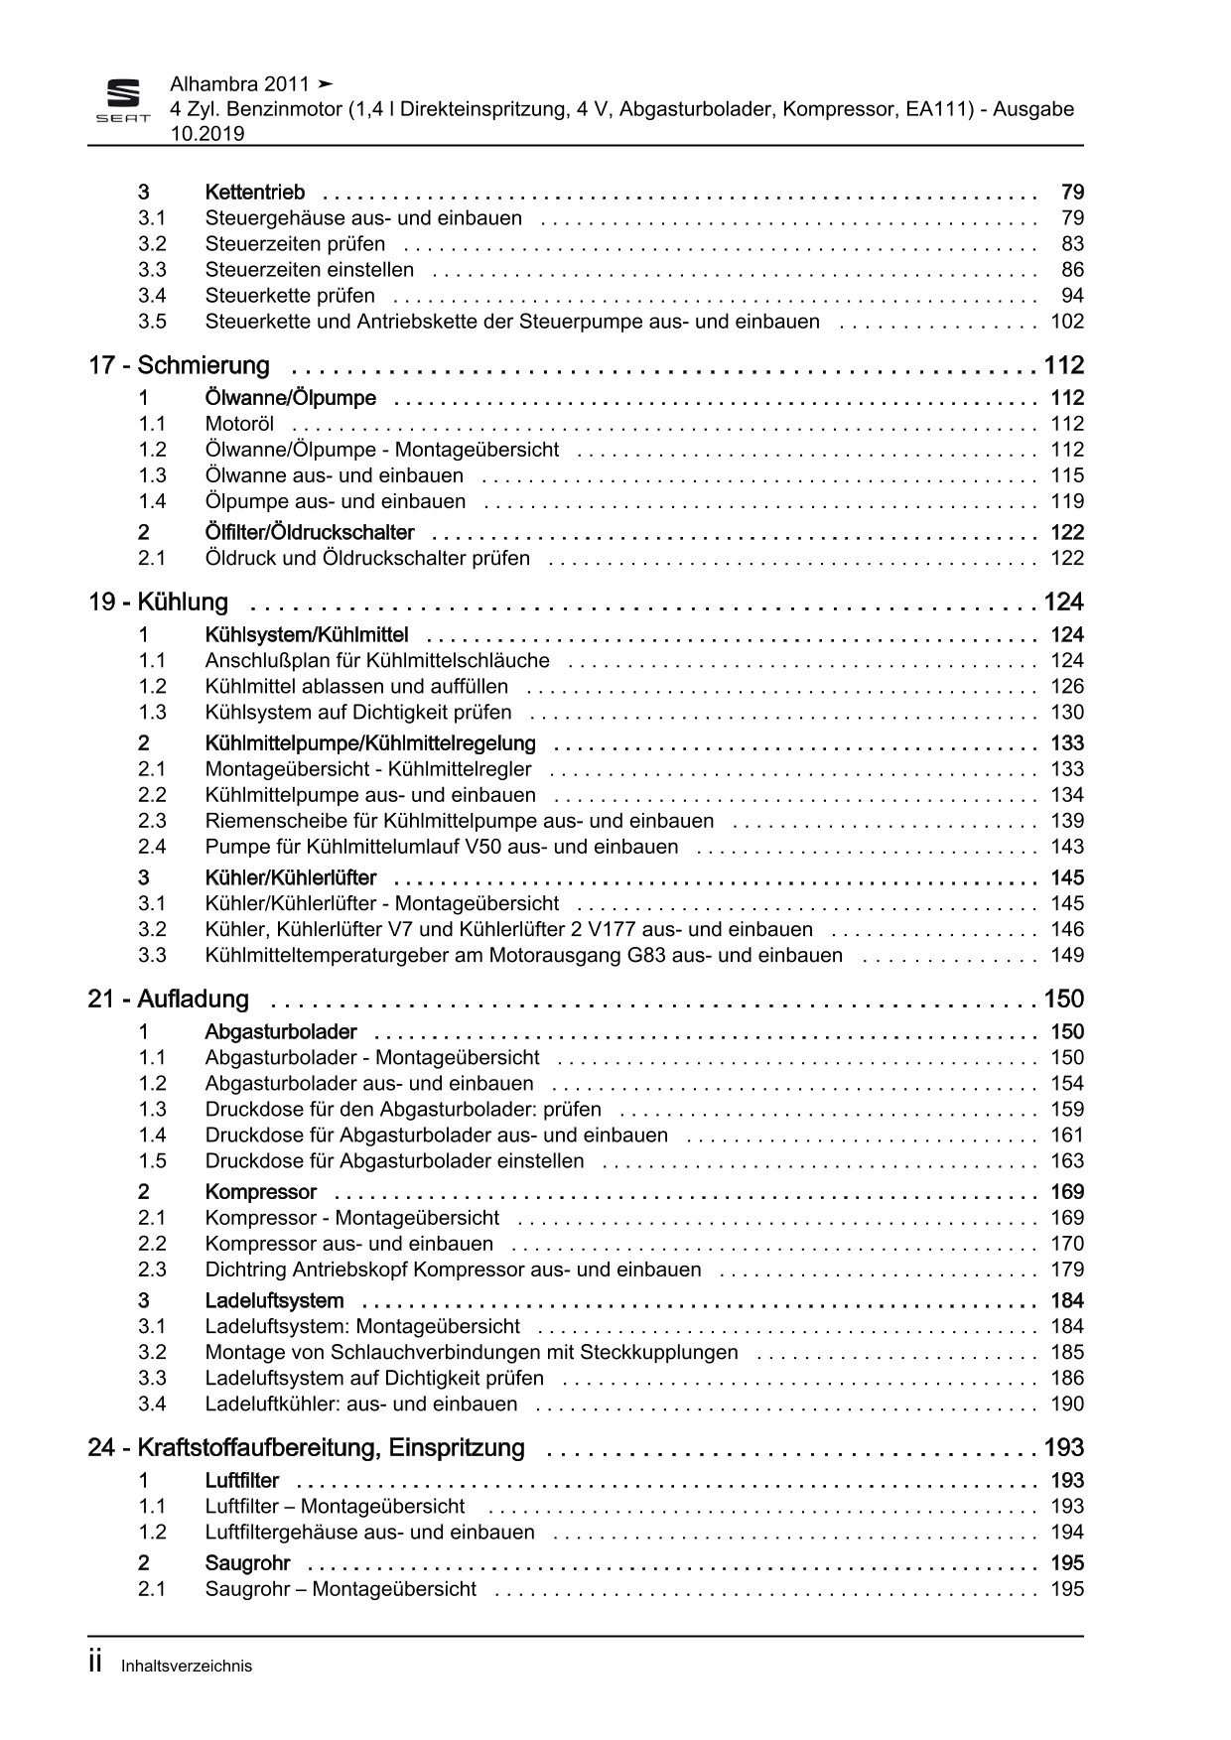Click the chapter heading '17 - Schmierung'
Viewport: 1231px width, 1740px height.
[x=179, y=366]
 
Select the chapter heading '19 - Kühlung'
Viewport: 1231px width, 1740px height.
[x=158, y=602]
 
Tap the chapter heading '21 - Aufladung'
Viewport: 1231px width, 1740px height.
[x=168, y=1000]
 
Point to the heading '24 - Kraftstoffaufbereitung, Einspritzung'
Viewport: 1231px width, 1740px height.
[x=306, y=1448]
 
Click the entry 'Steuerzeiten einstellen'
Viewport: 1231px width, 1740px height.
[x=309, y=270]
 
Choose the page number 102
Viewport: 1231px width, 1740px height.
[x=1067, y=322]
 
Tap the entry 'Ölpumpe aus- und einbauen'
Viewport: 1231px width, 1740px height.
[x=335, y=502]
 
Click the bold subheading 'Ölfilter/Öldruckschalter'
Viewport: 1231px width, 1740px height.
[x=309, y=533]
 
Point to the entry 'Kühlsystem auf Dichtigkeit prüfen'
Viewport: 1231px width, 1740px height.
[x=358, y=713]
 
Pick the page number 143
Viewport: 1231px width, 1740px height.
[x=1067, y=848]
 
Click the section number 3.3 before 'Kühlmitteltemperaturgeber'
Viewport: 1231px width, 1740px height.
[x=152, y=956]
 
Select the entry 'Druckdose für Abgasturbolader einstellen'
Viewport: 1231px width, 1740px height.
[x=394, y=1161]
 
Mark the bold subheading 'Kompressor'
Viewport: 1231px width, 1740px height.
[x=260, y=1192]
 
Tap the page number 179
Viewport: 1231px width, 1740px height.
[x=1067, y=1270]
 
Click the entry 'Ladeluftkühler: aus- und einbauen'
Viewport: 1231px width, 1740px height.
[x=360, y=1405]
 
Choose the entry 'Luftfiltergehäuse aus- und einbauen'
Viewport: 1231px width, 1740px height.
[x=369, y=1533]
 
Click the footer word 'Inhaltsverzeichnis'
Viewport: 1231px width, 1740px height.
[x=187, y=1667]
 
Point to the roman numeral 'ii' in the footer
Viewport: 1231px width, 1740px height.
[x=96, y=1664]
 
